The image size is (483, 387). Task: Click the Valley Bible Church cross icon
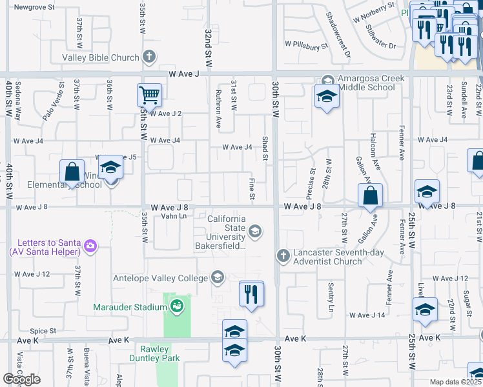149,57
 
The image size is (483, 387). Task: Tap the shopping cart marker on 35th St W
149,95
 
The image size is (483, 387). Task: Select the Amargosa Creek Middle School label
365,83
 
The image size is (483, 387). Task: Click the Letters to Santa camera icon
90,245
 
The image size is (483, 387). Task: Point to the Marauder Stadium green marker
176,307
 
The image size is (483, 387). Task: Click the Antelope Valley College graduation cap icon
218,277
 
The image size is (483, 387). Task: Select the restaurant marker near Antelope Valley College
251,293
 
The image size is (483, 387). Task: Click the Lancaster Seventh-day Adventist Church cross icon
282,256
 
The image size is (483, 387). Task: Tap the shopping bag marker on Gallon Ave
371,195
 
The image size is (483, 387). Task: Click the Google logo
21,379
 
